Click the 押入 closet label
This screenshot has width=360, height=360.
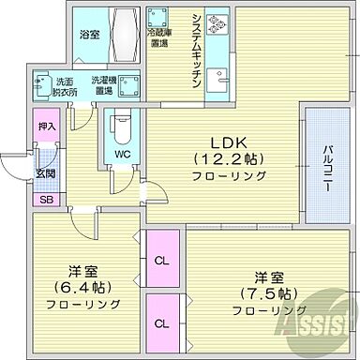48,125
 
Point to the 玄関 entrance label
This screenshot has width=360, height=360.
47,172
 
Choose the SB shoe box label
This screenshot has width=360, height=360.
47,200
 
